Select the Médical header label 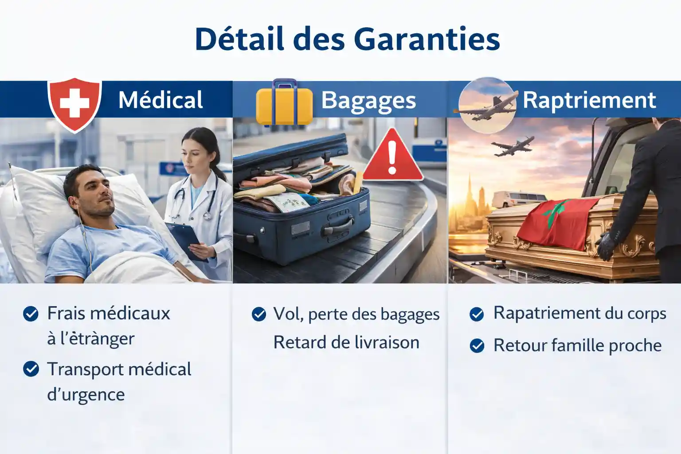[160, 100]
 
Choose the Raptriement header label [589, 100]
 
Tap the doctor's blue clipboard [186, 240]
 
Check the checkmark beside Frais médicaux [31, 314]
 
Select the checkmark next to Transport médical [31, 369]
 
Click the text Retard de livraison [346, 343]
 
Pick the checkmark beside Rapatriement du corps [477, 314]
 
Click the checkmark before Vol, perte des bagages [258, 314]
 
